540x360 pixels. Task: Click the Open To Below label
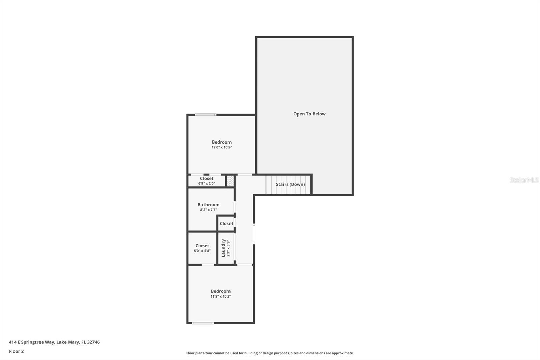[309, 114]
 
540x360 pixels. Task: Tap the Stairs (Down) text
[290, 184]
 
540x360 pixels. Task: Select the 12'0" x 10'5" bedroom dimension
[222, 147]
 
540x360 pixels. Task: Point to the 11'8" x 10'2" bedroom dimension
[221, 297]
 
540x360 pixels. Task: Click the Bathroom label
[209, 205]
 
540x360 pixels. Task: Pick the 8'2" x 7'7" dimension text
[209, 210]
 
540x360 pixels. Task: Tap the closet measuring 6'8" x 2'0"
[207, 181]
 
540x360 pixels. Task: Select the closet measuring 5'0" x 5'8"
[202, 248]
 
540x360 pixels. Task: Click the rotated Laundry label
[223, 248]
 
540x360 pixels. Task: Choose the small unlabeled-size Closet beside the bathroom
[226, 224]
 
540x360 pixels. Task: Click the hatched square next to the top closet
[230, 181]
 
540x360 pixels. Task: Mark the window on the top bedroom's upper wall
[206, 115]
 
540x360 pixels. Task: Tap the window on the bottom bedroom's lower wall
[203, 323]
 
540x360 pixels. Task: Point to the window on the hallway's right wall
[254, 233]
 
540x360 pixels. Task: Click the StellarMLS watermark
[524, 180]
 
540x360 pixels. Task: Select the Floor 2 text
[16, 351]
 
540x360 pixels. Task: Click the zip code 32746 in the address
[93, 342]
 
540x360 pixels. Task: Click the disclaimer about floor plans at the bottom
[270, 353]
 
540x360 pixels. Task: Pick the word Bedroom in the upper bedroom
[222, 142]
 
